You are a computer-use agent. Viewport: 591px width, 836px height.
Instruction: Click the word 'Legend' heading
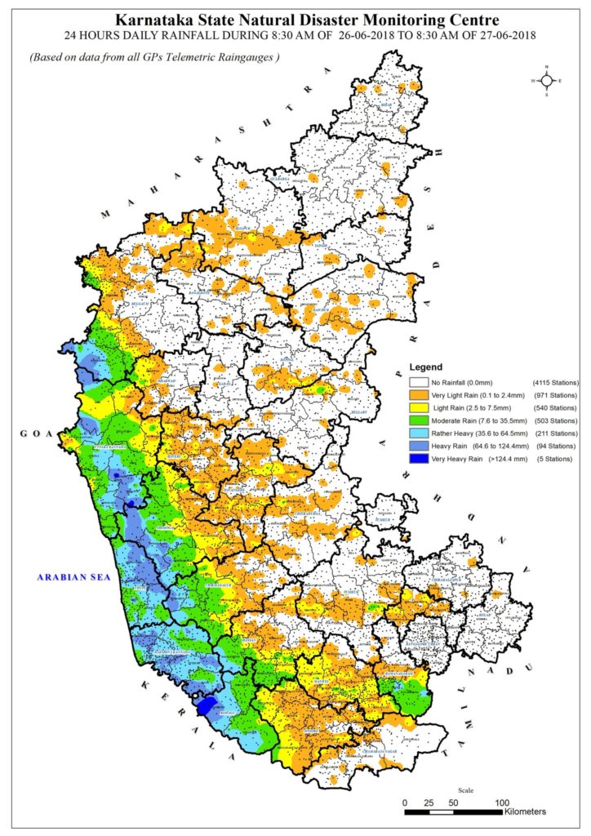425,367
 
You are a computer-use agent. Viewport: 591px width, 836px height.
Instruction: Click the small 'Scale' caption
465,789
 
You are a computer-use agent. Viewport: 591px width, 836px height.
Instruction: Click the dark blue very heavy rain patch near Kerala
207,704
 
